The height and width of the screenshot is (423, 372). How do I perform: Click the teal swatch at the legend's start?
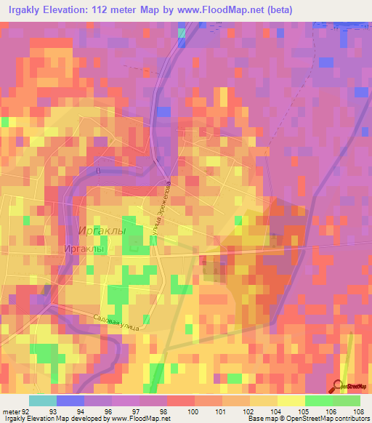(43, 400)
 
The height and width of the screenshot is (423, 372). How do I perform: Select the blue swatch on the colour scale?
(70, 400)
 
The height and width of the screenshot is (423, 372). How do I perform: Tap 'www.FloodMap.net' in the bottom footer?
(143, 419)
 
